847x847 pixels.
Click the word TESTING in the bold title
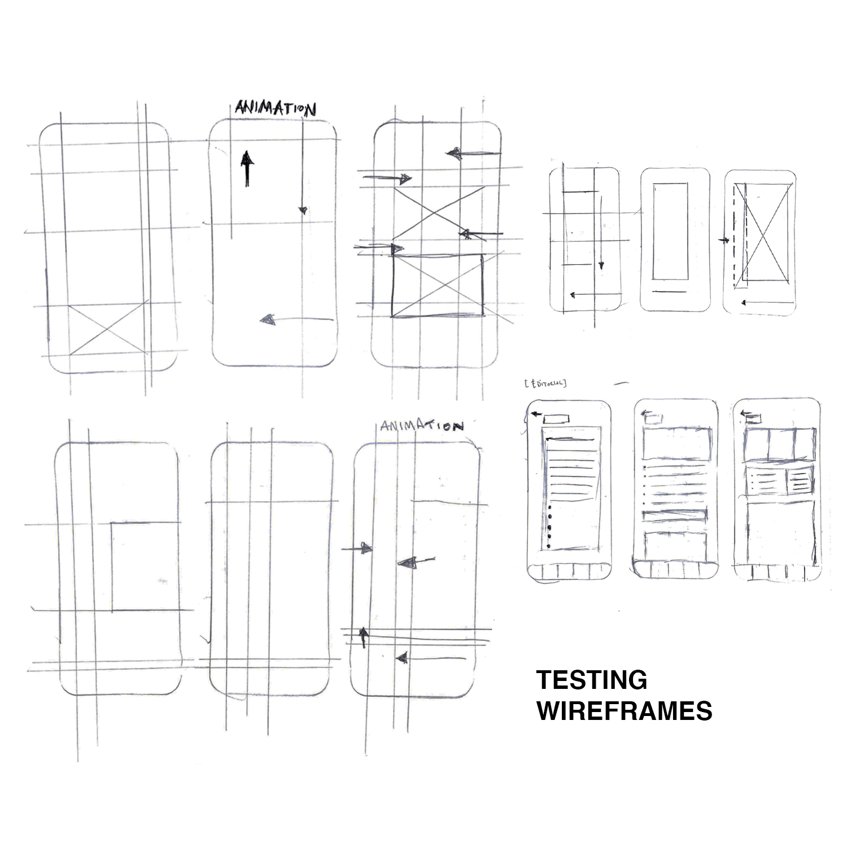pyautogui.click(x=592, y=680)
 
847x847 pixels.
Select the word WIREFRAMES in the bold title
pyautogui.click(x=625, y=711)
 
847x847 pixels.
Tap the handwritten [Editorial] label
pyautogui.click(x=545, y=384)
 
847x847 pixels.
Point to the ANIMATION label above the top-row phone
pyautogui.click(x=275, y=108)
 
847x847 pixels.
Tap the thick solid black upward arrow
pyautogui.click(x=246, y=168)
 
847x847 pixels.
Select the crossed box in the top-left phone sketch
pyautogui.click(x=107, y=330)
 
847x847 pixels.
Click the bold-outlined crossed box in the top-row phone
pyautogui.click(x=438, y=286)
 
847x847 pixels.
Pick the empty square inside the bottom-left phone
pyautogui.click(x=144, y=566)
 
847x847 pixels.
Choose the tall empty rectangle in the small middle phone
pyautogui.click(x=670, y=231)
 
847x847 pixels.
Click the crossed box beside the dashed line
pyautogui.click(x=767, y=233)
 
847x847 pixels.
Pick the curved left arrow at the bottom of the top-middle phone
pyautogui.click(x=294, y=320)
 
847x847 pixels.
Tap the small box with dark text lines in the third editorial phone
pyautogui.click(x=798, y=482)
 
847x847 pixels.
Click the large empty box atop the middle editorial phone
pyautogui.click(x=676, y=444)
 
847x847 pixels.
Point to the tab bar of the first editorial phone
pyautogui.click(x=569, y=571)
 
